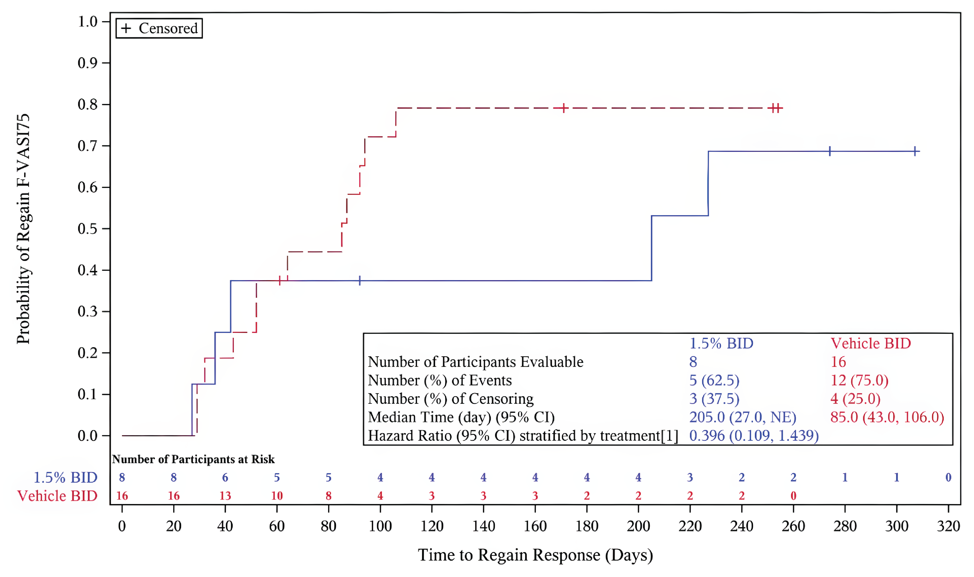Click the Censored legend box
point(159,28)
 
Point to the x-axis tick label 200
point(638,526)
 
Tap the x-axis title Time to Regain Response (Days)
point(535,555)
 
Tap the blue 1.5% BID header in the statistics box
point(721,343)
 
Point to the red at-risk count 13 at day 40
point(225,496)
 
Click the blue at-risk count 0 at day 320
point(948,477)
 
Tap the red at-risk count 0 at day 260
point(793,496)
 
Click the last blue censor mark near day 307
point(916,151)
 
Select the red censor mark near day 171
point(564,108)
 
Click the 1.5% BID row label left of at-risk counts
point(65,477)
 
